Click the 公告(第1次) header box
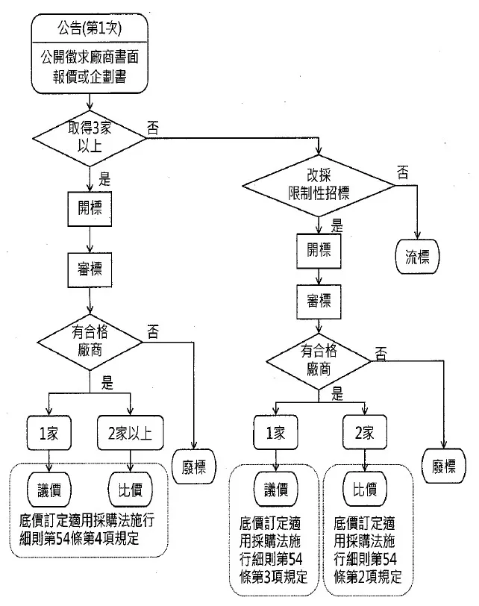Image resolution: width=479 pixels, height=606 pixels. pos(89,29)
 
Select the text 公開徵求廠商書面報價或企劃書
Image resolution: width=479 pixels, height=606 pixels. pos(89,66)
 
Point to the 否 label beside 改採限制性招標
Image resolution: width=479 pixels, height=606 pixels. pos(403,173)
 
